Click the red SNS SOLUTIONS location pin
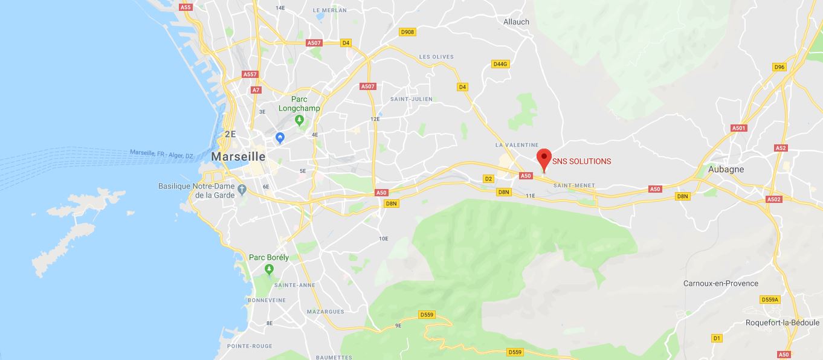[x=544, y=158]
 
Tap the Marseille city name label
[x=238, y=156]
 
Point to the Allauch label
[x=516, y=22]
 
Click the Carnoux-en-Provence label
[x=720, y=283]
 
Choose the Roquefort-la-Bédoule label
[x=782, y=323]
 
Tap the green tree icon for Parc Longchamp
[x=299, y=120]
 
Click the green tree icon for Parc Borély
[x=269, y=268]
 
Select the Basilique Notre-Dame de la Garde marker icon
[x=242, y=190]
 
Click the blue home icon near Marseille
[x=280, y=138]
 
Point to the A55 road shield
[x=186, y=7]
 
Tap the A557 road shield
[x=250, y=74]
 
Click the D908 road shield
[x=407, y=31]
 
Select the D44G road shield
[x=500, y=63]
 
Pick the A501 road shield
[x=739, y=128]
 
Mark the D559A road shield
[x=770, y=300]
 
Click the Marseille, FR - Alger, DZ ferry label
[x=161, y=153]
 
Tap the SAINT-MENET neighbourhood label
[x=574, y=185]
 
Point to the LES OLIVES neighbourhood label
[x=436, y=57]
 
